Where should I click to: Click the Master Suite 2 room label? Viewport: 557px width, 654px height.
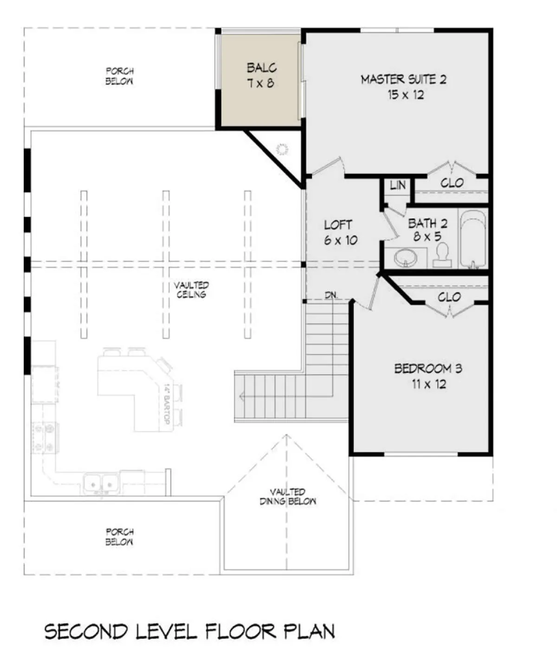click(403, 79)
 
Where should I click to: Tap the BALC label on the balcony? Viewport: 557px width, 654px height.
click(262, 68)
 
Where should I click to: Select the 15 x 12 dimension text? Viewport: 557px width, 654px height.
click(406, 95)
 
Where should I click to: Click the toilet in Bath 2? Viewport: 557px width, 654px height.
click(442, 255)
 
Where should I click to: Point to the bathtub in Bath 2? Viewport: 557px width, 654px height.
click(473, 239)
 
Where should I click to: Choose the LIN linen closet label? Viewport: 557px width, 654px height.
click(397, 186)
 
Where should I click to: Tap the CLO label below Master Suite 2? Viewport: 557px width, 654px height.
click(452, 183)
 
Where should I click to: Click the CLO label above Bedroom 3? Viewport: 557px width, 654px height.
click(449, 297)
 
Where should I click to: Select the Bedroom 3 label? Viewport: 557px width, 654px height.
click(428, 369)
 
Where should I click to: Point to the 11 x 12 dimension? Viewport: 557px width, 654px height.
click(429, 384)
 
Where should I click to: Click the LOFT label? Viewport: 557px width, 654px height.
click(337, 225)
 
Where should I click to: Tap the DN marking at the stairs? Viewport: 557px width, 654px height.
click(330, 295)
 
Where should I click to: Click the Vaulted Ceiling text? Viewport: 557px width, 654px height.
click(191, 290)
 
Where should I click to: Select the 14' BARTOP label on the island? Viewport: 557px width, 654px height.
click(167, 404)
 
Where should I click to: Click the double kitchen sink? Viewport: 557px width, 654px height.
click(101, 484)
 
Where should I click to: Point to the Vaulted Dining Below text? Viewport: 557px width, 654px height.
click(287, 496)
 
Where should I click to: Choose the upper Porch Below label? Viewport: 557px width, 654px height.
click(119, 76)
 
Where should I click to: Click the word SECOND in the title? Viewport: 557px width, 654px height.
click(86, 632)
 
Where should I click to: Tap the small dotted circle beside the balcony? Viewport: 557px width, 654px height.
click(282, 149)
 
